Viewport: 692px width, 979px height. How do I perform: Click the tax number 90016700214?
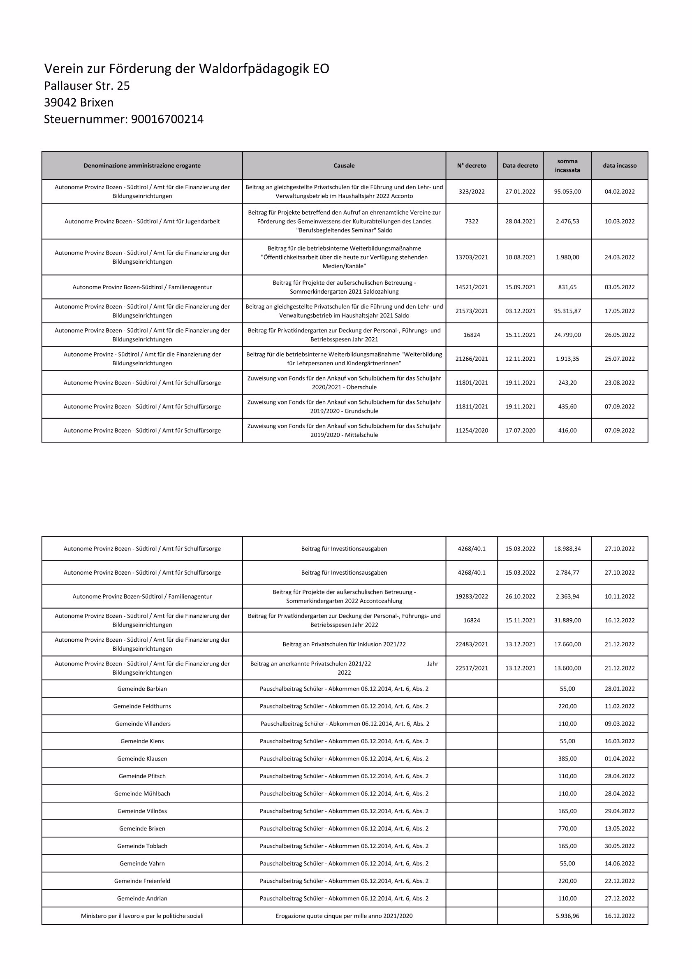[x=167, y=119]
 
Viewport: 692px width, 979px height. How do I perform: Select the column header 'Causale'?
[x=344, y=166]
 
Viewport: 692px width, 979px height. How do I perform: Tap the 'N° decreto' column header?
[x=471, y=166]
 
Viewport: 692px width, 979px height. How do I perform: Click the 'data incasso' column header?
[x=619, y=166]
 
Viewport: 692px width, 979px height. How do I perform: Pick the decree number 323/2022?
[x=471, y=192]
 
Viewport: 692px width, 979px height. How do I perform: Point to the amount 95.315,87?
[x=567, y=311]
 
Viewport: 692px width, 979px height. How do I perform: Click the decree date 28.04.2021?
[x=520, y=222]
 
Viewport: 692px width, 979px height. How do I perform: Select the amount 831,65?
[x=567, y=288]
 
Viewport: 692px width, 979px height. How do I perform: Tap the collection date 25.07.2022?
[x=619, y=359]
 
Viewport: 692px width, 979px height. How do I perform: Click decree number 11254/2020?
[x=471, y=431]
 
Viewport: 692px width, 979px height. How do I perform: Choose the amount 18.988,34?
[x=567, y=549]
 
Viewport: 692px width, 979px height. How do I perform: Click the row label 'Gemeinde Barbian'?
[x=142, y=689]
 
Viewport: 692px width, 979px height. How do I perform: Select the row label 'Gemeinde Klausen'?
[x=142, y=759]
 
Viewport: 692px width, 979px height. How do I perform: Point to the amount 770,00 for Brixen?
[x=567, y=828]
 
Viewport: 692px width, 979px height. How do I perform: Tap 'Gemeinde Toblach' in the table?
[x=142, y=846]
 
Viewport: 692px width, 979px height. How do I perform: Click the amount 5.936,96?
[x=567, y=916]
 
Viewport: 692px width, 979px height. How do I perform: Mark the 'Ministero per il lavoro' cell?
[x=142, y=916]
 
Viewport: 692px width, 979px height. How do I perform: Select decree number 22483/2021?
[x=471, y=644]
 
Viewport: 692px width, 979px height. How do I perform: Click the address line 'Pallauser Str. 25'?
[x=87, y=86]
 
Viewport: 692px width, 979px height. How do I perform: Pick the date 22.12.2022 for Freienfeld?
[x=619, y=881]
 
